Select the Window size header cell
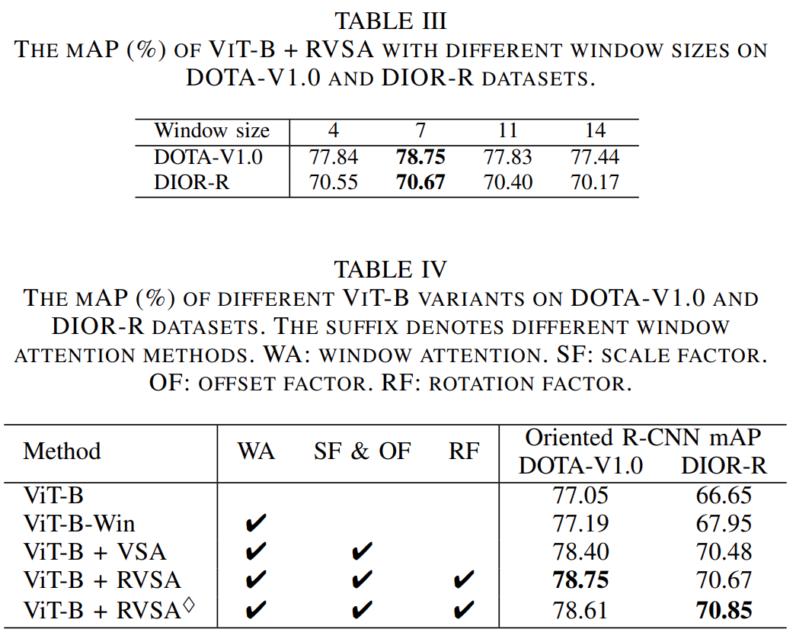point(212,130)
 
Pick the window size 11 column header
point(507,130)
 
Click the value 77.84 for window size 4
point(334,157)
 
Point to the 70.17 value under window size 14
point(595,183)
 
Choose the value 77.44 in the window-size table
point(595,157)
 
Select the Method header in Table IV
point(62,451)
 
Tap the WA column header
point(257,451)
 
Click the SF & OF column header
point(362,451)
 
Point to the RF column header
point(464,451)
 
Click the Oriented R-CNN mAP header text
point(644,438)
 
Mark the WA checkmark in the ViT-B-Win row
point(257,525)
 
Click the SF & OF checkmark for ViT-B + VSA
point(363,553)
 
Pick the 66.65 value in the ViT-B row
point(724,496)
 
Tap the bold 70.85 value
point(724,610)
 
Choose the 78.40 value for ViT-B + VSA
point(580,552)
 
